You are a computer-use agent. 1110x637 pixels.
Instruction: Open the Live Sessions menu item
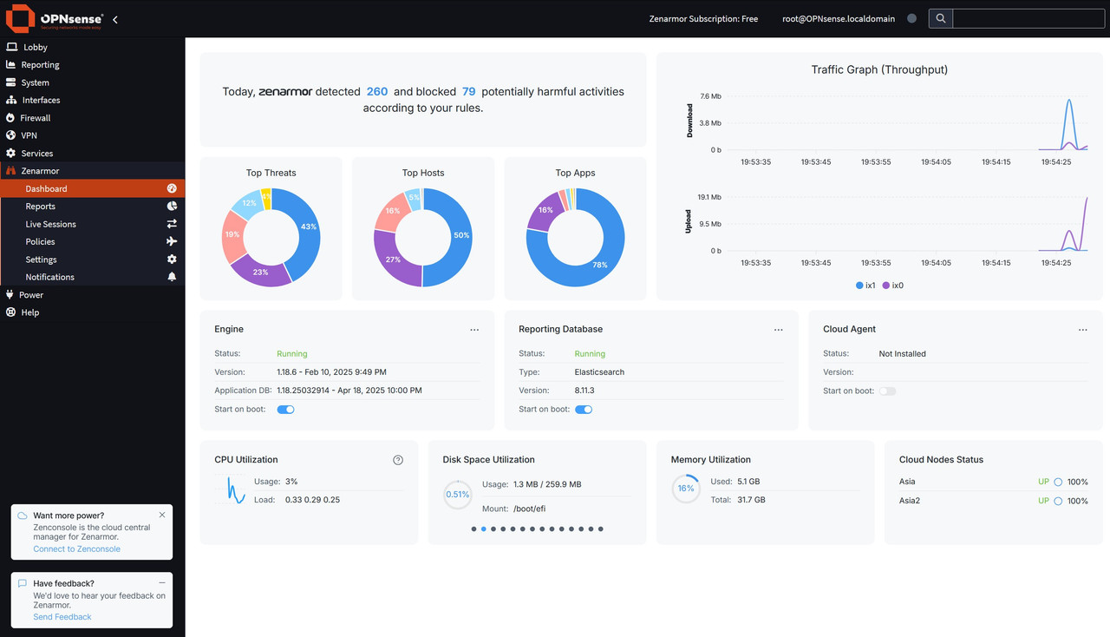click(50, 224)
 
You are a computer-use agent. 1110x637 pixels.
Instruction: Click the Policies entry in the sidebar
click(40, 241)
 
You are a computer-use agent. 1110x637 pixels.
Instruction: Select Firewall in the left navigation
click(36, 118)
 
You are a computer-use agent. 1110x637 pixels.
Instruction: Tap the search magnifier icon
click(941, 19)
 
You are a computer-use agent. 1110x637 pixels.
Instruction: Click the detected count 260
click(377, 92)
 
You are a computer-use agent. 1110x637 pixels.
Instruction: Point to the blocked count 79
click(469, 92)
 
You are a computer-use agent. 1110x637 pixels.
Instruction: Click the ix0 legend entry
click(893, 286)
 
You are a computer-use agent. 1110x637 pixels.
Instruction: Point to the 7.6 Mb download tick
click(710, 96)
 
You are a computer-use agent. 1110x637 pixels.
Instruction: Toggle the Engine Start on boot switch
click(285, 410)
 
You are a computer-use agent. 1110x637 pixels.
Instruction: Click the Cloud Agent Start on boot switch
click(887, 391)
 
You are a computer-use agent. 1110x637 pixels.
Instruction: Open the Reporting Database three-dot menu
click(779, 330)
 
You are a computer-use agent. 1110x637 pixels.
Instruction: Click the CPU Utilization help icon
click(398, 460)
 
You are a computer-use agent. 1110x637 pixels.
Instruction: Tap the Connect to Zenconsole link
click(77, 548)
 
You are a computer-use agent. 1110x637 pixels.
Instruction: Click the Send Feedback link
click(62, 617)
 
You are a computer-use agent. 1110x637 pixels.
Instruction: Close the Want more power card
click(162, 515)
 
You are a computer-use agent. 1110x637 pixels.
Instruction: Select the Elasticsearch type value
click(599, 372)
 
